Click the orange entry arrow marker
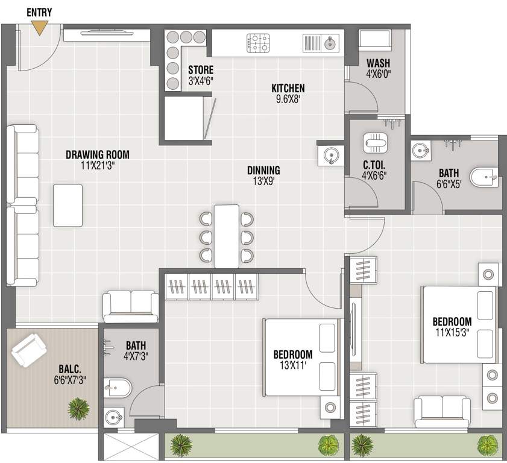[x=40, y=28]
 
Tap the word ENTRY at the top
[x=40, y=12]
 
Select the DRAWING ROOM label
[x=97, y=154]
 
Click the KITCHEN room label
[x=288, y=88]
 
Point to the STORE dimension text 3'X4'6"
[x=200, y=80]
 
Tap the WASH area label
[x=377, y=63]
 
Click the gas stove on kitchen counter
[x=258, y=43]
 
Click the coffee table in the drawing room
[x=68, y=205]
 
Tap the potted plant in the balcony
[x=77, y=409]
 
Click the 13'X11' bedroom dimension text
[x=293, y=365]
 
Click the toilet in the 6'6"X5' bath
[x=484, y=178]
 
